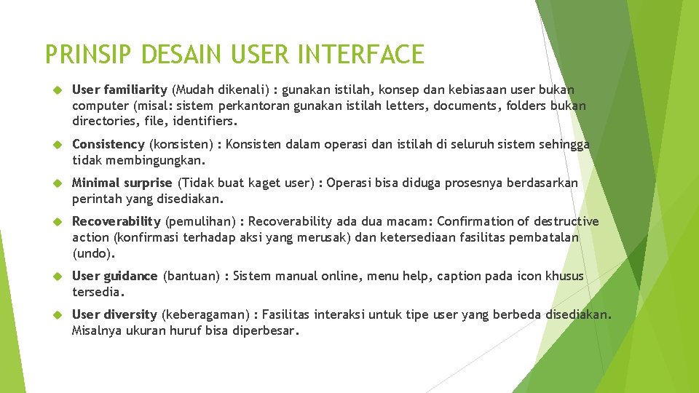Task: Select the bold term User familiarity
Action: (x=119, y=90)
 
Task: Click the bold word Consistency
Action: (x=108, y=145)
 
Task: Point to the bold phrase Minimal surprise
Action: (x=122, y=183)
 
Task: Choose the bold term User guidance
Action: (x=114, y=276)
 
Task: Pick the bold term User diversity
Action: (x=114, y=314)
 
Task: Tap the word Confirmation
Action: (x=478, y=221)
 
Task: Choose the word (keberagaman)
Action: (x=205, y=314)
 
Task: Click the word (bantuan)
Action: (x=191, y=276)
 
